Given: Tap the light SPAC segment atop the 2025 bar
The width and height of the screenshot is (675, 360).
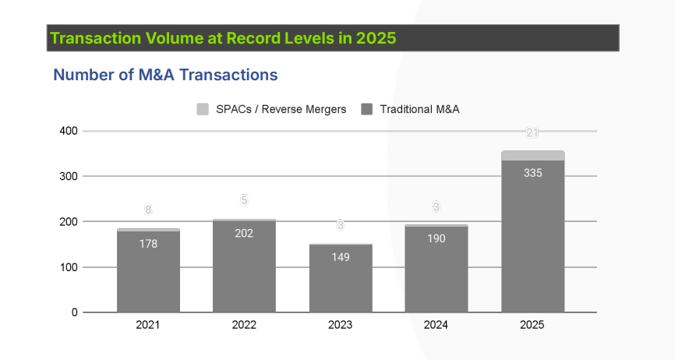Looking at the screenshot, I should tap(533, 156).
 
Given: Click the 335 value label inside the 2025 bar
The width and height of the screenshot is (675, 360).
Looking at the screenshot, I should tap(533, 173).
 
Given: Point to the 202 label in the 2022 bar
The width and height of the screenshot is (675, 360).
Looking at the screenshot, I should tap(244, 232).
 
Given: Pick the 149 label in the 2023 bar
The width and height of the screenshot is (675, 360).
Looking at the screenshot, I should tap(341, 256).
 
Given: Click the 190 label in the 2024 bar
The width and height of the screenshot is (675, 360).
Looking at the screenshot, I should tap(436, 238).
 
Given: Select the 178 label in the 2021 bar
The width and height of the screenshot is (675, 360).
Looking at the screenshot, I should tap(148, 243).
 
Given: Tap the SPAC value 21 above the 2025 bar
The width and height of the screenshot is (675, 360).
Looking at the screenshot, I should tap(533, 133).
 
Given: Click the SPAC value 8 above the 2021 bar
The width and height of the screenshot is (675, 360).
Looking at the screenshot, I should tap(148, 210).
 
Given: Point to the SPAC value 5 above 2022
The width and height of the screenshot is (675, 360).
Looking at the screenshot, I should tap(244, 200).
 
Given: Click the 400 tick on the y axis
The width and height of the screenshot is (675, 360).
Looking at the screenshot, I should tap(69, 131).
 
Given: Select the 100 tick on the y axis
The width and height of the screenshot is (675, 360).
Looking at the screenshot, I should tap(69, 267).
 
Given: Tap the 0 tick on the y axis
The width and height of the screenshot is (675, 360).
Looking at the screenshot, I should tap(75, 312).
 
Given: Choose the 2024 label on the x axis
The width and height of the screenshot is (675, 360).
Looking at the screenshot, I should tap(436, 325).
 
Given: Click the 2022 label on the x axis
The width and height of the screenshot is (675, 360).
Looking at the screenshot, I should tap(244, 325).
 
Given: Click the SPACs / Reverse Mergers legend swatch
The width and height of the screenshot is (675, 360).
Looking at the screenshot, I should tap(203, 109).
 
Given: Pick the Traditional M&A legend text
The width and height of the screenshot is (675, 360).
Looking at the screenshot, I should tap(419, 109).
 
